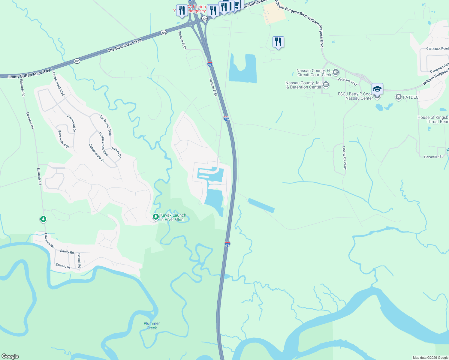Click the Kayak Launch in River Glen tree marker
[155, 217]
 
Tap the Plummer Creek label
[152, 325]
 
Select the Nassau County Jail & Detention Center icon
[326, 85]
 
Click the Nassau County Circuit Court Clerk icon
[336, 72]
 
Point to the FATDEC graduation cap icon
[398, 97]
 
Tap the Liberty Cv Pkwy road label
[345, 158]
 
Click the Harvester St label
[433, 157]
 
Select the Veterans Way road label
[347, 81]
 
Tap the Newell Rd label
[79, 261]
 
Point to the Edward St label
[63, 266]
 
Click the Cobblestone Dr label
[97, 153]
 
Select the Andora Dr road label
[116, 152]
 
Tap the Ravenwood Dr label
[64, 139]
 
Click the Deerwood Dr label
[71, 123]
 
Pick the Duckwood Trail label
[106, 125]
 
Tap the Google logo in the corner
[10, 356]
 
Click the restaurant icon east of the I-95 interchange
[278, 42]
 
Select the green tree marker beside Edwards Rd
[43, 219]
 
